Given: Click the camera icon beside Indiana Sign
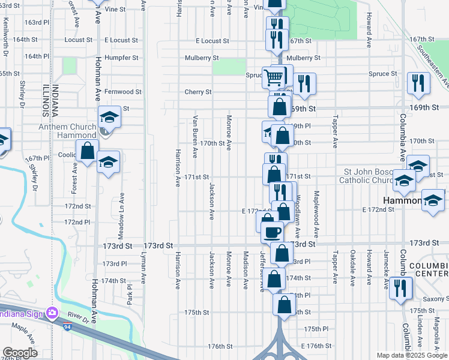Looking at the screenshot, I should (x=53, y=313).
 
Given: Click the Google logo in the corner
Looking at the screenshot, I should (x=20, y=353).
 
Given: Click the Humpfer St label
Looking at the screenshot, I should (x=121, y=58).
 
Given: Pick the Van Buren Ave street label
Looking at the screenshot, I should (x=195, y=136).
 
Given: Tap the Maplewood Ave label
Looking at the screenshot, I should (x=316, y=214).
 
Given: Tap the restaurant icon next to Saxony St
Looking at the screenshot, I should (x=400, y=289).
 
